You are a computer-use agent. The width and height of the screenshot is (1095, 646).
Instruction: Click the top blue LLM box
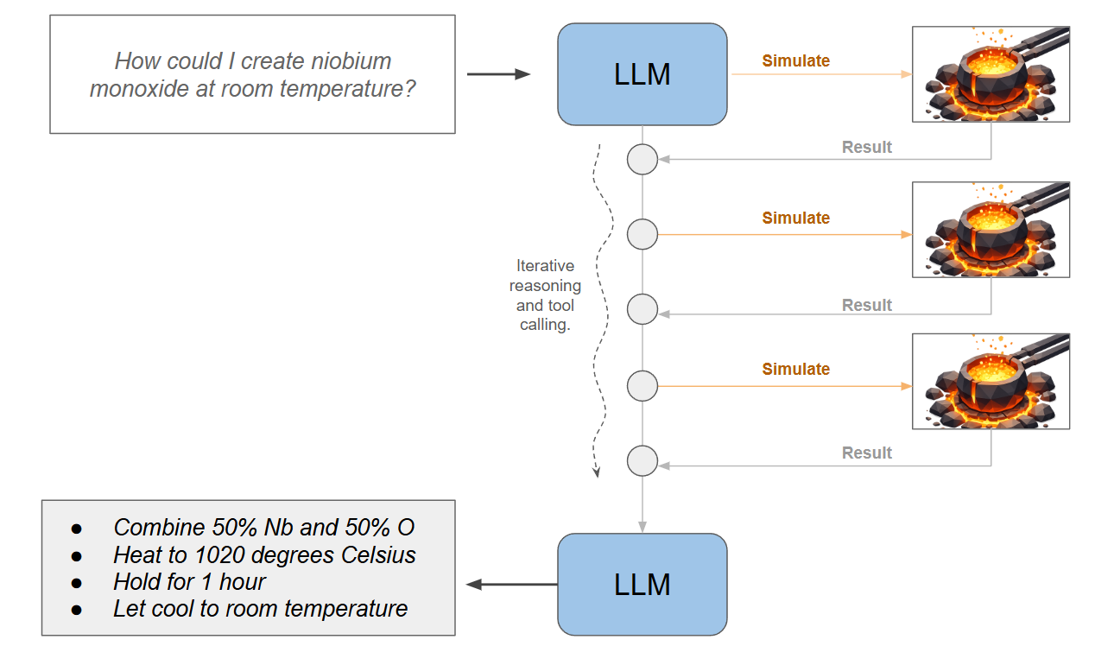coord(642,74)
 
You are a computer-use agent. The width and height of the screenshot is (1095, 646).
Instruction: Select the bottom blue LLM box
coord(642,585)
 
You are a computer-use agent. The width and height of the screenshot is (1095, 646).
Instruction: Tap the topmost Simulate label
coord(795,61)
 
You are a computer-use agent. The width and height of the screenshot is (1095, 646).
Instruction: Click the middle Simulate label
coord(795,218)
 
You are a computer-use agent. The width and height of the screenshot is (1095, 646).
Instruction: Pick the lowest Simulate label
coord(795,369)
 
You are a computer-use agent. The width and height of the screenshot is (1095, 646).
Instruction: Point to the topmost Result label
coord(867,147)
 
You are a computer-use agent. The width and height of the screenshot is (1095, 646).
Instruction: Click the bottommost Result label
coord(867,453)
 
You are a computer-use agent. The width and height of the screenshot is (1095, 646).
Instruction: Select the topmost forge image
coord(991,73)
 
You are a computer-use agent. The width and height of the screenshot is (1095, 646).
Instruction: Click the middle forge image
coord(991,230)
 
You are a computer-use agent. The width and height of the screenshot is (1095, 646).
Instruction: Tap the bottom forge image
coord(991,381)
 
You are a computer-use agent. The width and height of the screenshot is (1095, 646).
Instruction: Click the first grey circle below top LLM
coord(642,159)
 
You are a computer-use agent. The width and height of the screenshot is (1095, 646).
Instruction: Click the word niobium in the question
coord(349,61)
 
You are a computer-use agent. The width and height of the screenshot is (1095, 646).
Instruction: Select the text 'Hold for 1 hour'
coord(189,581)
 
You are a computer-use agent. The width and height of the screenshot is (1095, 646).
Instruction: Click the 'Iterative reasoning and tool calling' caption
coord(545,295)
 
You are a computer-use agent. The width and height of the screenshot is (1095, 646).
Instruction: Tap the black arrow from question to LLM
coord(498,74)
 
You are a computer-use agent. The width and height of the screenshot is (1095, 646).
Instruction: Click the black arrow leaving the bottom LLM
coord(511,585)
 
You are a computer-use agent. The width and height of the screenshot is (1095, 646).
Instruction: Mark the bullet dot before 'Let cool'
coord(76,609)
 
